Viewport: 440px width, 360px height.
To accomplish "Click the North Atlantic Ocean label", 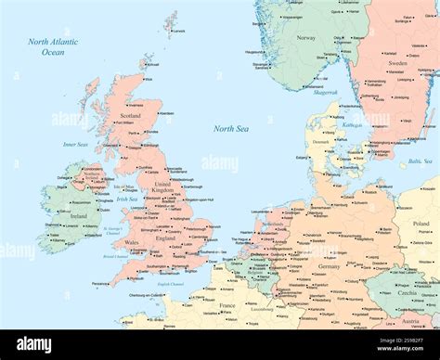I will click(53, 47).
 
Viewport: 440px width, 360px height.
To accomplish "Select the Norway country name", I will click(305, 38).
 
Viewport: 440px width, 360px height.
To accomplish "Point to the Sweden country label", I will click(397, 63).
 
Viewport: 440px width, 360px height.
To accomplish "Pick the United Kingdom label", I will click(162, 189).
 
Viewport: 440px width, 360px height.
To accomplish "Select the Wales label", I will click(133, 242).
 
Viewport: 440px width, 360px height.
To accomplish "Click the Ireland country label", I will click(79, 216).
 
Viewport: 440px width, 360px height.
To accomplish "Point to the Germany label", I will click(329, 266).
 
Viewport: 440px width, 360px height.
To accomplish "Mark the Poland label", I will click(421, 224).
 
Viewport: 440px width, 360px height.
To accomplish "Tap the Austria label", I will click(408, 321).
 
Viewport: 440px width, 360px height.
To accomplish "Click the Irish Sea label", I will click(127, 199).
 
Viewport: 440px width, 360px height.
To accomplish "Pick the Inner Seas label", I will click(75, 145).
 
